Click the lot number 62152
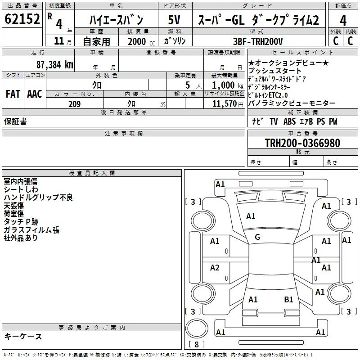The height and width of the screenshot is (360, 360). point(22,18)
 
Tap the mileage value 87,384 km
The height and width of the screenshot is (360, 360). point(55,65)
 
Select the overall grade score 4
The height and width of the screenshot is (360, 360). point(343,20)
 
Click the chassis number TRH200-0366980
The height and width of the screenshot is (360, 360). point(302,143)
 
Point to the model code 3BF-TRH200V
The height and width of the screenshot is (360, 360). point(258,41)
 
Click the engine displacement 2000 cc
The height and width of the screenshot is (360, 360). point(141,42)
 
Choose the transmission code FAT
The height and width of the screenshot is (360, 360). point(13,94)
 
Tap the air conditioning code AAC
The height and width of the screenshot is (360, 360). point(35,94)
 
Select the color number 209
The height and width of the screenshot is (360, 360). point(75,104)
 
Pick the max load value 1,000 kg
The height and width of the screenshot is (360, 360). point(228,85)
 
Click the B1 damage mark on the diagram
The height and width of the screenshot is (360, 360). point(288,299)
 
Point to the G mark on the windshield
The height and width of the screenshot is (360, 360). point(257,237)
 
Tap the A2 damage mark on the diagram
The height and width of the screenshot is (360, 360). point(215,267)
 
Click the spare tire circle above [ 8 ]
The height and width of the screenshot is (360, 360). point(197,328)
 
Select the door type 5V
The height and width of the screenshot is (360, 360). point(174,20)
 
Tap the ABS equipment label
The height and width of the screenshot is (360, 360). point(289,121)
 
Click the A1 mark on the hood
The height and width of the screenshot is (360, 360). point(251,216)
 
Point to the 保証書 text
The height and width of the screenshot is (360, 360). point(15,121)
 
